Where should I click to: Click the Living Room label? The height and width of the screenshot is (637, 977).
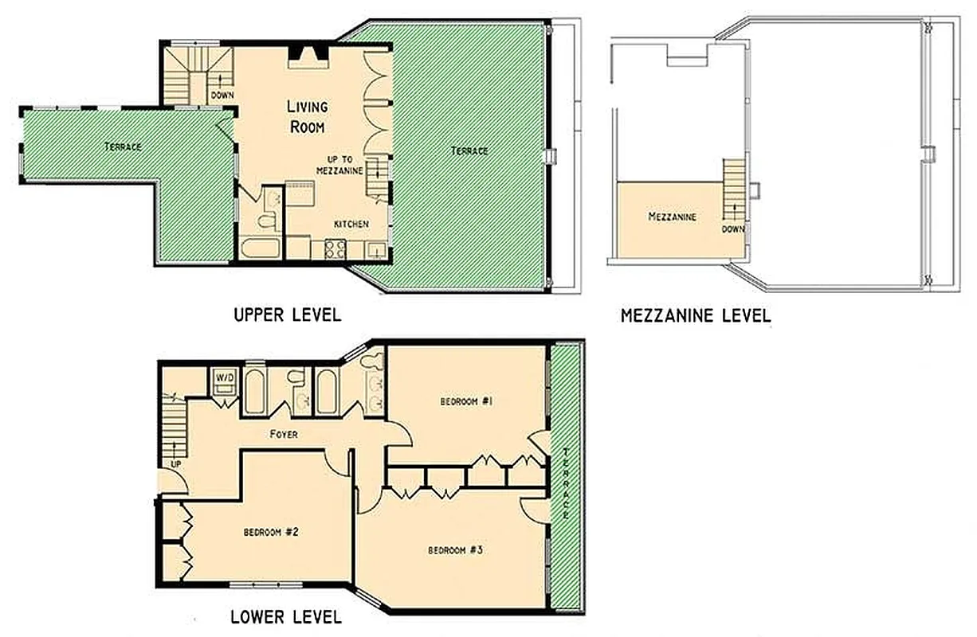pyautogui.click(x=307, y=116)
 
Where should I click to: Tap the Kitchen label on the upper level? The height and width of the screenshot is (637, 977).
pyautogui.click(x=351, y=225)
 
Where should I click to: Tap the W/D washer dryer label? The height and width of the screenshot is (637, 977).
pyautogui.click(x=222, y=377)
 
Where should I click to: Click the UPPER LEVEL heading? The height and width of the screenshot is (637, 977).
pyautogui.click(x=287, y=315)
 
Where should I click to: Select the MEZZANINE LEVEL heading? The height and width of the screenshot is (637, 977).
pyautogui.click(x=695, y=316)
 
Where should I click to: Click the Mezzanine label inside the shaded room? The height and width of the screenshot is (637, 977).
pyautogui.click(x=672, y=217)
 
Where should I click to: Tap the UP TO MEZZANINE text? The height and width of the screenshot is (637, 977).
pyautogui.click(x=339, y=165)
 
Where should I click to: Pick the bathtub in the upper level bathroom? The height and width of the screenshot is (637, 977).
pyautogui.click(x=260, y=248)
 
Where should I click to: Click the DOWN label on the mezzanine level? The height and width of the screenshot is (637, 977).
pyautogui.click(x=732, y=229)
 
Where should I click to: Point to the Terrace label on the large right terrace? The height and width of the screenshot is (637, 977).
pyautogui.click(x=469, y=150)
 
